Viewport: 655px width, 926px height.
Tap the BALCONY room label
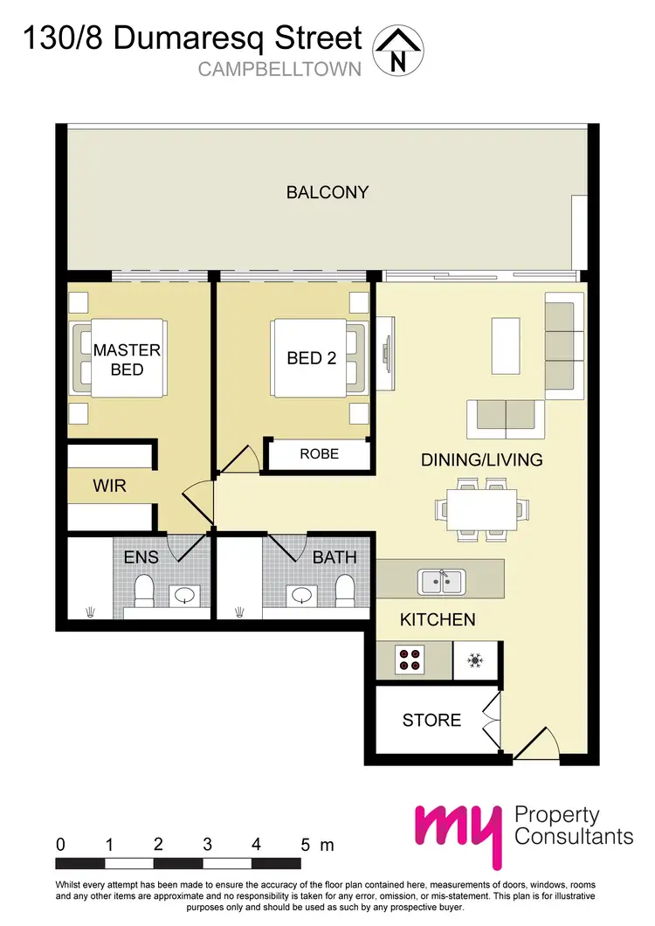pyautogui.click(x=327, y=192)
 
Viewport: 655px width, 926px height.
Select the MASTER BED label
pyautogui.click(x=127, y=359)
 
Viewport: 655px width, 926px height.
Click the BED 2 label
pyautogui.click(x=312, y=358)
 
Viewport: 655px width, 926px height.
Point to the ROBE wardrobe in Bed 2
pyautogui.click(x=319, y=455)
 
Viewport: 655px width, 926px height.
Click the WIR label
pyautogui.click(x=109, y=486)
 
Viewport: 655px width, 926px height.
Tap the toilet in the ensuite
pyautogui.click(x=144, y=591)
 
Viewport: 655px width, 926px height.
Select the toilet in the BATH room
pyautogui.click(x=346, y=591)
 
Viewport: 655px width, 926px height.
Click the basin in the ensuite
pyautogui.click(x=185, y=596)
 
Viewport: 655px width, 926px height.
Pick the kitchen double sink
pyautogui.click(x=441, y=580)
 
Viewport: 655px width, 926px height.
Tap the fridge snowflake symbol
pyautogui.click(x=476, y=660)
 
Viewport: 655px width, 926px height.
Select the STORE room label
pyautogui.click(x=431, y=720)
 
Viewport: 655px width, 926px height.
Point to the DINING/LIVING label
pyautogui.click(x=482, y=460)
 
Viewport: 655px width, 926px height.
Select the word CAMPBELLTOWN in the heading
pyautogui.click(x=279, y=70)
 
